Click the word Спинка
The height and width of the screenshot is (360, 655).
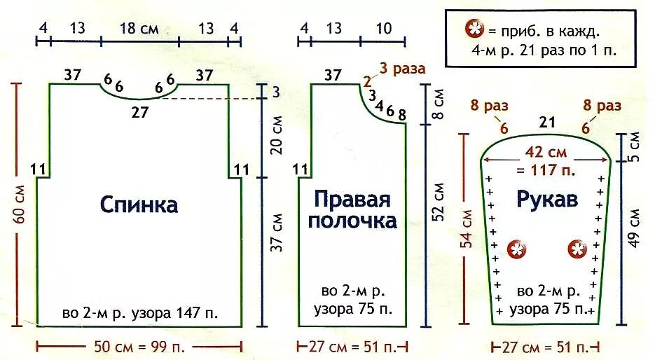point(139,205)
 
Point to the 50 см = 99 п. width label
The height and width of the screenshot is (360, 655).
point(139,346)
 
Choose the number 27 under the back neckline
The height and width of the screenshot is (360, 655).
point(140,111)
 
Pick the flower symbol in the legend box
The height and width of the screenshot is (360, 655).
point(474,30)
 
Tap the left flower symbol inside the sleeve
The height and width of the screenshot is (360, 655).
point(517,248)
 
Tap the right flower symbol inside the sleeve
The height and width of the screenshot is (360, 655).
point(577,248)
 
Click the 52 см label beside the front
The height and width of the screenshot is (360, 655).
point(439,203)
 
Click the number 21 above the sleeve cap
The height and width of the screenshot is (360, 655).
point(547,123)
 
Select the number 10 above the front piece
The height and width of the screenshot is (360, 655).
point(383,29)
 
